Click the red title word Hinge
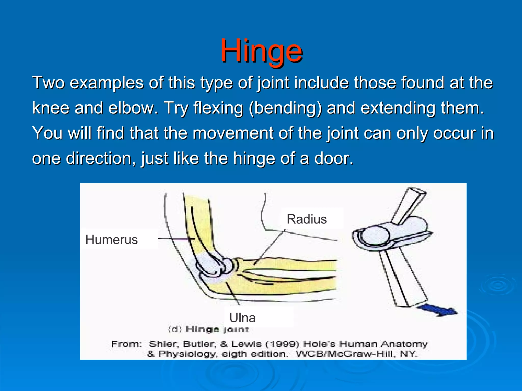coord(262,51)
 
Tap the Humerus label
coord(112,240)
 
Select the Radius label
coord(307,219)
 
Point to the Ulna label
coord(242,318)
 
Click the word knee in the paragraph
coord(50,108)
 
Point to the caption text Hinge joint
coord(217,329)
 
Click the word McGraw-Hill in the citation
coord(357,354)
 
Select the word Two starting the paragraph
coord(48,83)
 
